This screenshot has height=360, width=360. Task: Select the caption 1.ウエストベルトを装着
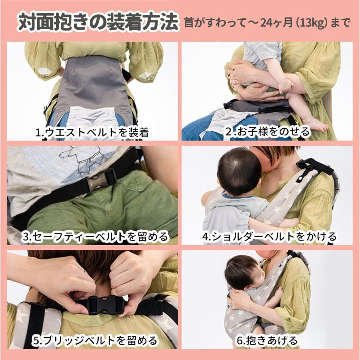pyautogui.click(x=92, y=132)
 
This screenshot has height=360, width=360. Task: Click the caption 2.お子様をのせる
pyautogui.click(x=268, y=132)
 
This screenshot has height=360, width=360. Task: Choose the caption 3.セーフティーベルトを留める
pyautogui.click(x=95, y=237)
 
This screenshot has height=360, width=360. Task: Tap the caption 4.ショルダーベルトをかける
pyautogui.click(x=269, y=237)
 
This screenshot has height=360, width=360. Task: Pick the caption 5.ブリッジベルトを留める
pyautogui.click(x=94, y=341)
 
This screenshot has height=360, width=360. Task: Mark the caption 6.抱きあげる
pyautogui.click(x=267, y=341)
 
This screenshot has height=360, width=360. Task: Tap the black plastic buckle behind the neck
pyautogui.click(x=106, y=305)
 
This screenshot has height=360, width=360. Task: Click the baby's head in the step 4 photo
pyautogui.click(x=237, y=172)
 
